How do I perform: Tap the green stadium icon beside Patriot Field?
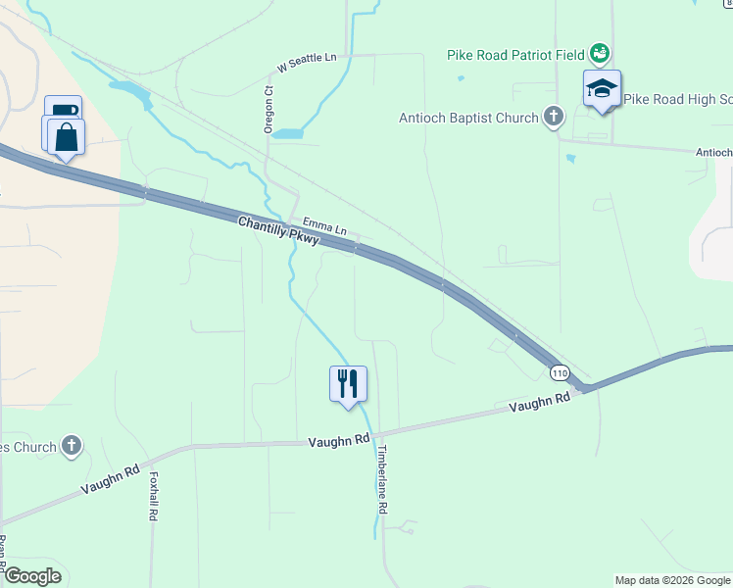601,53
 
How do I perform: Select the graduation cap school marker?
602,90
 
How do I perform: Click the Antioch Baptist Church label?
468,118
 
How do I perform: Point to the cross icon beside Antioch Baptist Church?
554,118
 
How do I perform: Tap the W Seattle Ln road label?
307,63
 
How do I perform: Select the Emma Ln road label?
324,226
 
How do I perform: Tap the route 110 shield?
560,373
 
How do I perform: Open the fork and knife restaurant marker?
347,383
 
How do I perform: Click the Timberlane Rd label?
383,480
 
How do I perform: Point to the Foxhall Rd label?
154,498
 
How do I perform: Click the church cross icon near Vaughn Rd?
71,447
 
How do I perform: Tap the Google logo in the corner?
31,576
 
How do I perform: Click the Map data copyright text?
672,580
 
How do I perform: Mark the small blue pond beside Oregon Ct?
287,133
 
